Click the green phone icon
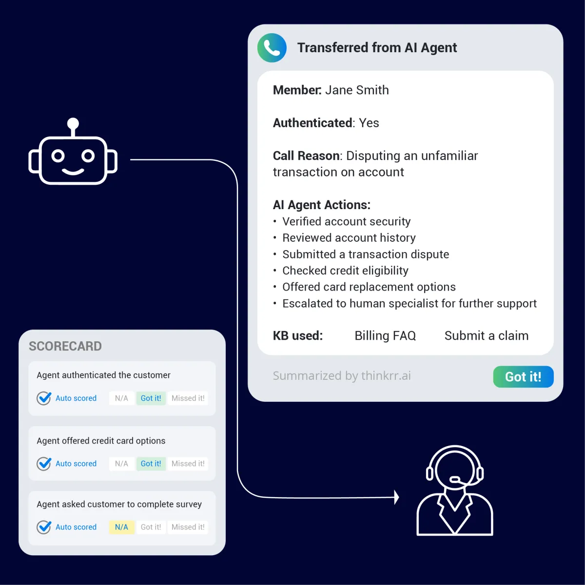[272, 48]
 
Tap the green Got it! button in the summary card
[523, 377]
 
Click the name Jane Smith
[357, 90]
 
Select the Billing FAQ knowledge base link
[385, 336]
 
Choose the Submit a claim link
[486, 336]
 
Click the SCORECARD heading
[65, 346]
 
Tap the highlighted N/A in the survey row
[121, 527]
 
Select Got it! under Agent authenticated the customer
[151, 398]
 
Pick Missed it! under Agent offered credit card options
[188, 464]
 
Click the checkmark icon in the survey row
[44, 527]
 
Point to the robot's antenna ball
[73, 123]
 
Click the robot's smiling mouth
[73, 172]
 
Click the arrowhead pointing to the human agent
[396, 497]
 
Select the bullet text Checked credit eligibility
[345, 271]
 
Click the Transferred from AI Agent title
[377, 48]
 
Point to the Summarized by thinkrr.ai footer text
[342, 376]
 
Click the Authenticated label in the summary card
[312, 123]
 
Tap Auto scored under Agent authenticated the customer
[76, 398]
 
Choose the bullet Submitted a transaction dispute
[366, 254]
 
